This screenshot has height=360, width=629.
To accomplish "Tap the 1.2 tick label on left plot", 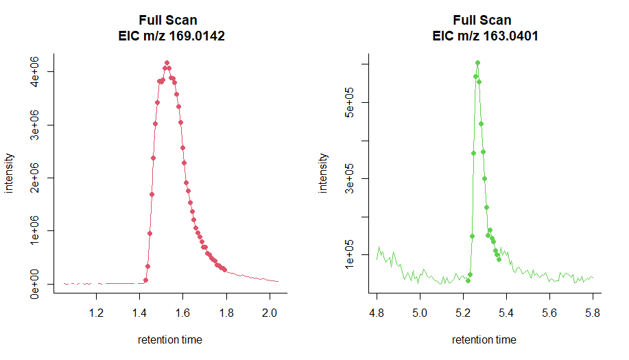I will click(97, 313).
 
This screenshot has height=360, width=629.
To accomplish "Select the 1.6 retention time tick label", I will click(183, 313).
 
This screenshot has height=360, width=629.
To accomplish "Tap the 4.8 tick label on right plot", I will click(377, 313).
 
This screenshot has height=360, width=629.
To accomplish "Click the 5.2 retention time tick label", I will click(463, 313).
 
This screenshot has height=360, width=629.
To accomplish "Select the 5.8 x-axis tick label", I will click(593, 313).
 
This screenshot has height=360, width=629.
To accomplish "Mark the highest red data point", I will click(167, 62).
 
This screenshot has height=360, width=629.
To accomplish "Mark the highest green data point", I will click(477, 62).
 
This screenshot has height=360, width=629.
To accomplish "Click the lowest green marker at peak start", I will click(468, 280).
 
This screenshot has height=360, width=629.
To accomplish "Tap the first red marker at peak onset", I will click(145, 280).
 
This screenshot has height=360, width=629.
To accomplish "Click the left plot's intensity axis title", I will click(10, 173).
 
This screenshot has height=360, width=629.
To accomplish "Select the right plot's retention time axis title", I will click(484, 339).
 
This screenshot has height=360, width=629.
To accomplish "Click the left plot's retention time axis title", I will click(170, 339).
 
